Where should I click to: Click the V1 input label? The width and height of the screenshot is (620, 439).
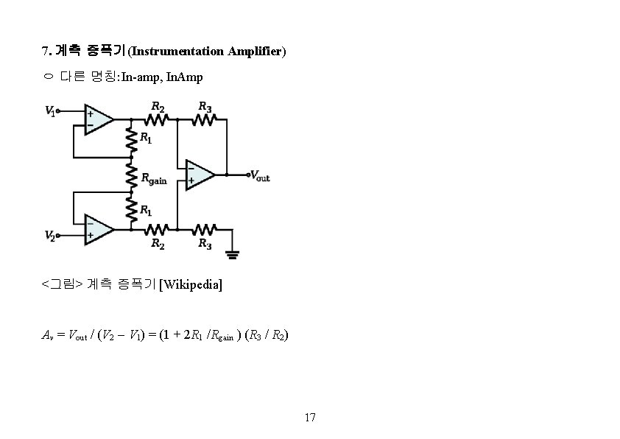click(51, 111)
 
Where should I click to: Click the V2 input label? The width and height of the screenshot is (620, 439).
click(51, 236)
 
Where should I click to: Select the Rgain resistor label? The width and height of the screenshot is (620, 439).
click(153, 179)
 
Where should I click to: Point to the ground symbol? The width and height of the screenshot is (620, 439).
click(233, 254)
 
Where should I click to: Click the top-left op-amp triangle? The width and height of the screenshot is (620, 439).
click(98, 119)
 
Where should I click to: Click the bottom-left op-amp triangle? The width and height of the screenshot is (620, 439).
click(98, 229)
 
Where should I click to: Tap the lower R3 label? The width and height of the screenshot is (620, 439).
click(205, 243)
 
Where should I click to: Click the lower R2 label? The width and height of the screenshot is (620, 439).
click(158, 243)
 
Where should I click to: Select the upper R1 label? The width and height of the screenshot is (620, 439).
click(146, 138)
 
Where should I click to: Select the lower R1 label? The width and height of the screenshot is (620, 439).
click(146, 209)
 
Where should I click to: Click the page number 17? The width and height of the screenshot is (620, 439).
click(310, 418)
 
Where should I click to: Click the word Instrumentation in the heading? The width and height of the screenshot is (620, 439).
click(178, 51)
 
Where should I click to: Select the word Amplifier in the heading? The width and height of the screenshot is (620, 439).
click(255, 51)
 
